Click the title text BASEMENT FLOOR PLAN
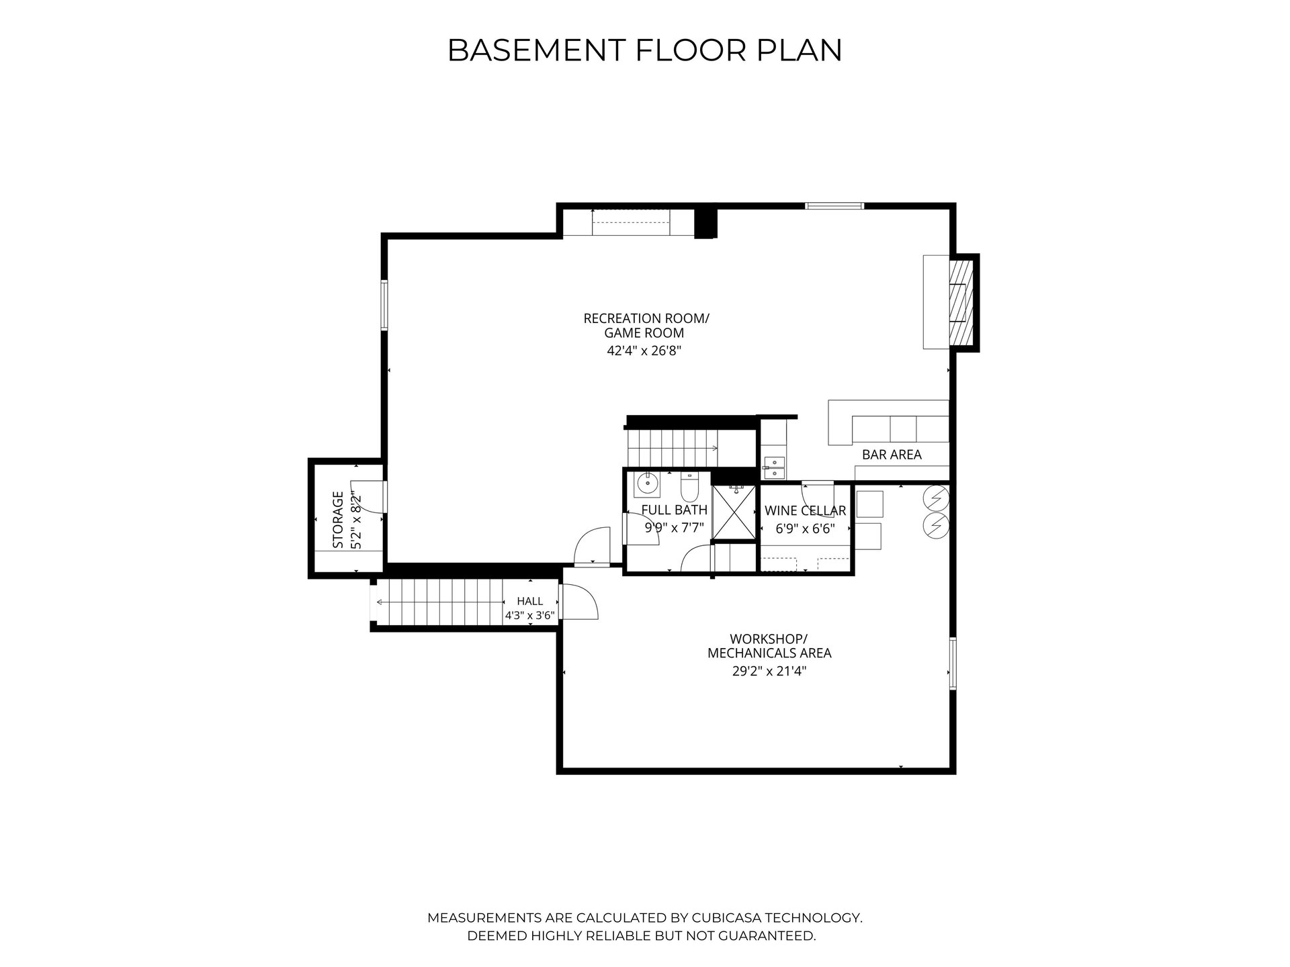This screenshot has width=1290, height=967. tap(644, 50)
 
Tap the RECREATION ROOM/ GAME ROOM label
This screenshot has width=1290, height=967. tap(646, 326)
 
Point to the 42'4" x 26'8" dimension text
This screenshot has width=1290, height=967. tap(644, 351)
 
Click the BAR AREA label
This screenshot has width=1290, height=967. tap(892, 455)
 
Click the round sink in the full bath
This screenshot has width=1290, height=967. tap(648, 482)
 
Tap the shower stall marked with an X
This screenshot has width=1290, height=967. tap(734, 512)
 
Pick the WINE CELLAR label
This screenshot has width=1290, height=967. tap(805, 511)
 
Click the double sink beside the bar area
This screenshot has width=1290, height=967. tap(775, 467)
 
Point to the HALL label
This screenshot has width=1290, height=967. tap(530, 601)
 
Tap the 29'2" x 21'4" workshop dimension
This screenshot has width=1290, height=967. tap(769, 670)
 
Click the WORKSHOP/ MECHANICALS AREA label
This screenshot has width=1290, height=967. tap(769, 645)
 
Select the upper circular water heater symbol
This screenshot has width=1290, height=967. tap(936, 497)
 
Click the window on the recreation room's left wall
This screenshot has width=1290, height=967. tap(385, 305)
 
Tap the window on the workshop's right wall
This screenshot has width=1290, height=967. tap(953, 663)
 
